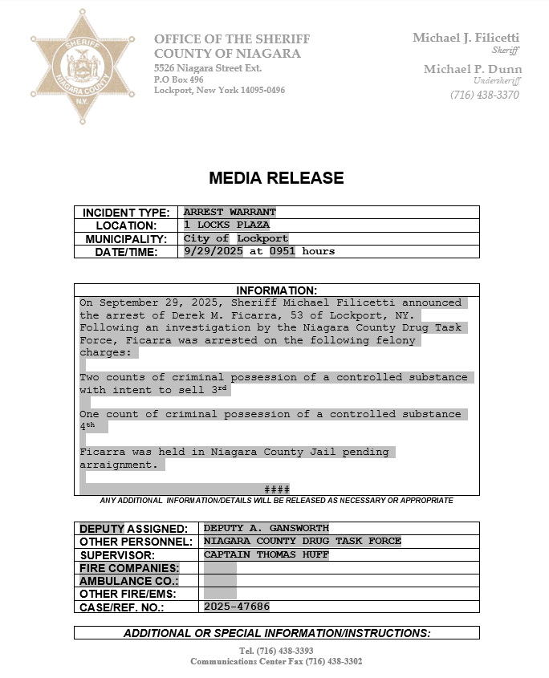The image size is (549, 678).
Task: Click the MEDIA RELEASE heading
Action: tap(276, 178)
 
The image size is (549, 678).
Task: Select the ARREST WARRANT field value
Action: tap(230, 213)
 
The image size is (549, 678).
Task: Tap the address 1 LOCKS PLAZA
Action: tap(226, 225)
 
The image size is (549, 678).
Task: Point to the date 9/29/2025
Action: tap(213, 251)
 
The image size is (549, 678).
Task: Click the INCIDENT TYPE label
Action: tap(126, 213)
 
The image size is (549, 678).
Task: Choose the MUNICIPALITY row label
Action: tap(126, 239)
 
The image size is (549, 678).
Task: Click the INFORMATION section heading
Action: tap(276, 290)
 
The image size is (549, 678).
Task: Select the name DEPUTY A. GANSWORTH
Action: tap(266, 528)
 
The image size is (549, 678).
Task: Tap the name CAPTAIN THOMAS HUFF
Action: tap(266, 554)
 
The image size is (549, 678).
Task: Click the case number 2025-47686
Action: tap(237, 607)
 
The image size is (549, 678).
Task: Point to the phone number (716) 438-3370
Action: tap(485, 95)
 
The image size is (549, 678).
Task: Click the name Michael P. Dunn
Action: tap(473, 70)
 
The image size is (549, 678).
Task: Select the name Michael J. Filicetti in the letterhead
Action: tap(466, 38)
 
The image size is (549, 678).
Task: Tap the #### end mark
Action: tap(277, 489)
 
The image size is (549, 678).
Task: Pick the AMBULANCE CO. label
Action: tap(128, 581)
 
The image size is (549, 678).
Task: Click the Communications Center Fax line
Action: tap(276, 662)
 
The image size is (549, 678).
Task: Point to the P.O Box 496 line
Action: tap(179, 79)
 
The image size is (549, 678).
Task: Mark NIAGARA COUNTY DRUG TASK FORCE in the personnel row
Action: tap(302, 541)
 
